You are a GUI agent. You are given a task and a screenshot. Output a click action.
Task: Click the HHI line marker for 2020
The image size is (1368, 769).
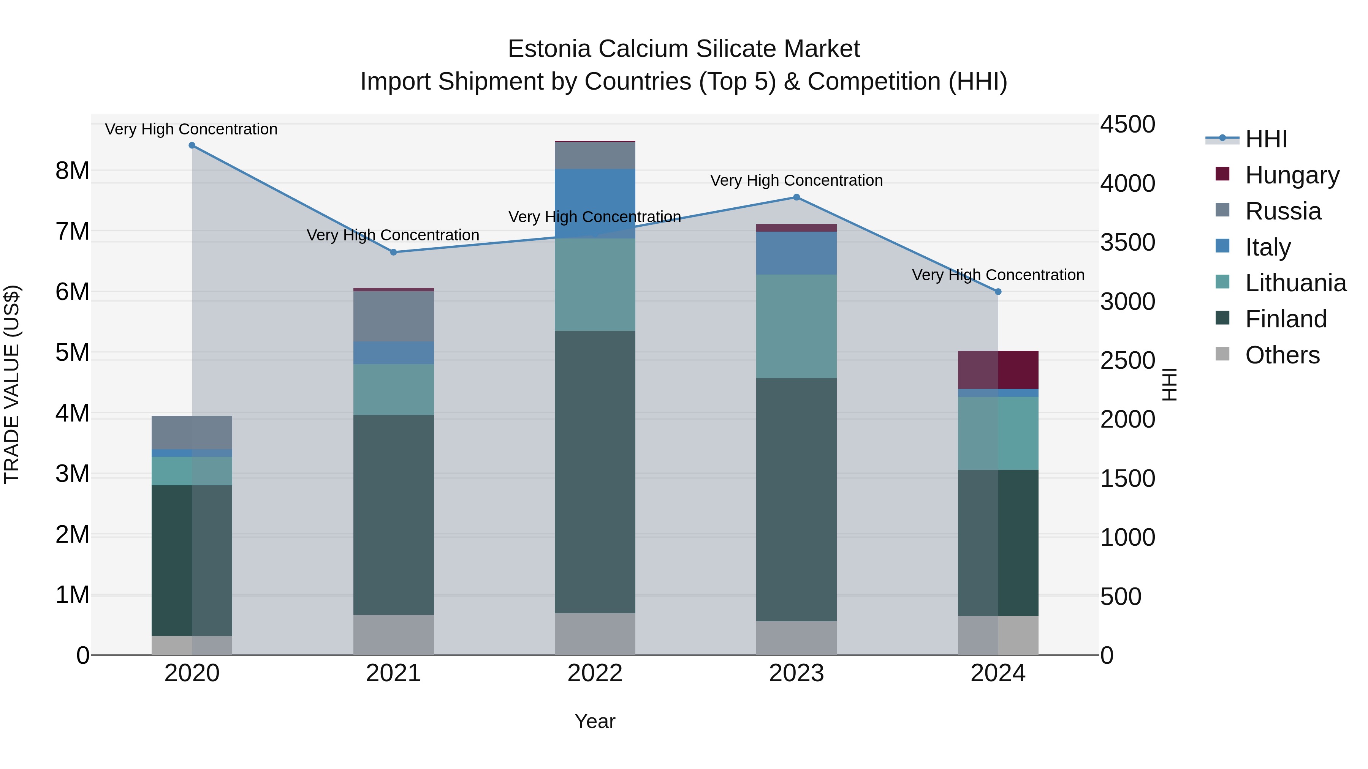point(192,145)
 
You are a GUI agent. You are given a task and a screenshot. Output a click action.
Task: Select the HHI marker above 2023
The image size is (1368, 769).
point(796,197)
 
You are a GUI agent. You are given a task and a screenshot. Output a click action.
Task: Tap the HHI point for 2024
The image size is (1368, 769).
point(997,292)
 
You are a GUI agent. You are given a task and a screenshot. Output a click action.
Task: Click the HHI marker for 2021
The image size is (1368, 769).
point(394,252)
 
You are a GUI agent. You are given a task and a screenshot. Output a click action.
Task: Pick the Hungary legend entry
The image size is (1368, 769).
point(1292,175)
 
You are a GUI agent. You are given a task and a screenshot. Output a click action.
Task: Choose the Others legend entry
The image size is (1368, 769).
point(1282,355)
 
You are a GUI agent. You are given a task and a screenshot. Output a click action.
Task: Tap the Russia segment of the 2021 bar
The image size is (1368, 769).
point(394,316)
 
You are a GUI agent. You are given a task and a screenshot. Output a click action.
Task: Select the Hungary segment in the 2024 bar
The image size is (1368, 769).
point(997,370)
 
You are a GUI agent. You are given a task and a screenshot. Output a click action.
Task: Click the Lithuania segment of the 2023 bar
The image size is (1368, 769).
point(796,326)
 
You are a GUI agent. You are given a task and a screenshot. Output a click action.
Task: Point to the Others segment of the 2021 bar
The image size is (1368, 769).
point(394,634)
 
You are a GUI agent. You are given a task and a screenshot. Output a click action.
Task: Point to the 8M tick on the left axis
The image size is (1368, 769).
point(72,171)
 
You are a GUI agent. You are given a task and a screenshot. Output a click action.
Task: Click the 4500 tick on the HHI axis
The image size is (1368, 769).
point(1127,125)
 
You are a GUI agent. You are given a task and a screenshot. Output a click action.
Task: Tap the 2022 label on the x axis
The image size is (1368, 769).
point(595,673)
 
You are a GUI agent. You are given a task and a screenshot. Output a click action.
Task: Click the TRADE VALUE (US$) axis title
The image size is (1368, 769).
point(12,384)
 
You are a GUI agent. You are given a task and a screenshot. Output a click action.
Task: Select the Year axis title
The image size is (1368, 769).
point(595,721)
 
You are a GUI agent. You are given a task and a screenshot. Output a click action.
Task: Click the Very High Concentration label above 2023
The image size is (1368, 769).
point(796,180)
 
